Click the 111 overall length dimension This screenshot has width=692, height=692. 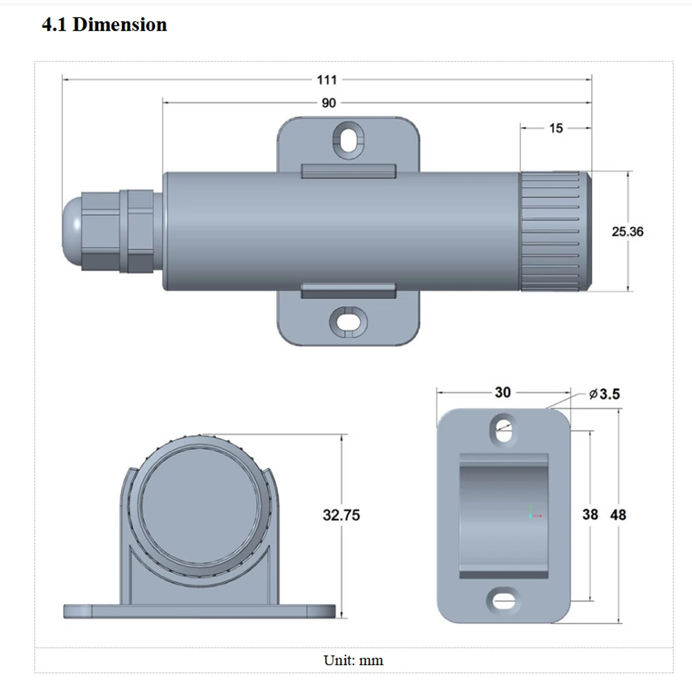[x=327, y=80]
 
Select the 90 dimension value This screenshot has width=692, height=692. [x=329, y=103]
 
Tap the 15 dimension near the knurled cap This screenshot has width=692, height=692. [x=556, y=128]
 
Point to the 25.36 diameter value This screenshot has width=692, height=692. [x=627, y=231]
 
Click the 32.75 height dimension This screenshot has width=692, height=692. [x=341, y=515]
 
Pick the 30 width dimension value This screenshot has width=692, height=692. [x=502, y=392]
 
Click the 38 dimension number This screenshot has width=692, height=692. [x=590, y=515]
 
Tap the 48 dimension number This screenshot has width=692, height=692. [x=618, y=515]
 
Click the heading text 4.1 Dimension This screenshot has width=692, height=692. [x=104, y=25]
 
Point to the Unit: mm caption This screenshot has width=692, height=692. [x=353, y=659]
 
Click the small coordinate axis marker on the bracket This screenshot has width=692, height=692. [x=531, y=513]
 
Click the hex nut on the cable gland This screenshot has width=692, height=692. [x=136, y=231]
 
